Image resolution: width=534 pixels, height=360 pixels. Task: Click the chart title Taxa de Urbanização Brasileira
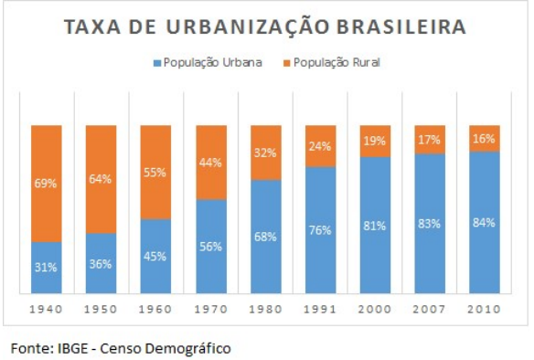coord(264,26)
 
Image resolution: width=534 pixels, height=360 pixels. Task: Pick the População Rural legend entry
coord(333,63)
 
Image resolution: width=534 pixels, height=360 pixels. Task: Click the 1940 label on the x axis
coord(47,309)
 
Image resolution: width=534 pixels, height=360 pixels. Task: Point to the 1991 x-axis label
coord(321,309)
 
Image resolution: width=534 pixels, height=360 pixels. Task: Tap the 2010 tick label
coord(484,309)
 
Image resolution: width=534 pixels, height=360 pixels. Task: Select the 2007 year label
coord(430,309)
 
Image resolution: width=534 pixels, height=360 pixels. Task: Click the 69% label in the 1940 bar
coord(47,184)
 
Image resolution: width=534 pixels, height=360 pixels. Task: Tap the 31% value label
coord(47,268)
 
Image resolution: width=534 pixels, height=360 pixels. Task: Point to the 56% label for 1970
coord(209,246)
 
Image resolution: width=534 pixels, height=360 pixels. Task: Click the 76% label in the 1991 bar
coord(321,229)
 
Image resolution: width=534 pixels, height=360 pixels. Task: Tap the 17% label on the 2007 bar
coord(430,140)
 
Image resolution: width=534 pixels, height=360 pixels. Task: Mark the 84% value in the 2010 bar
coord(484,222)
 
